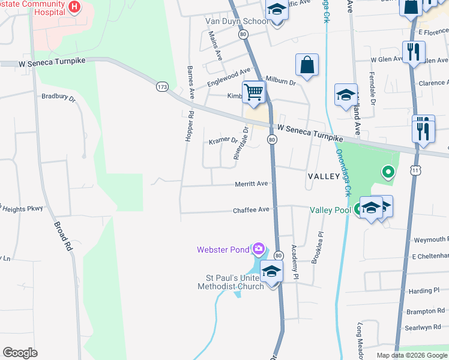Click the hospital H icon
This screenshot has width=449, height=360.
[74, 7]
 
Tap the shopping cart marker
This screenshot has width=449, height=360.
[254, 92]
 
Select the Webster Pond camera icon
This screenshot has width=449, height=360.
[259, 248]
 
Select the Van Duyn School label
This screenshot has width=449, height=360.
[237, 22]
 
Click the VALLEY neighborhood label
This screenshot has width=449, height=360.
[325, 176]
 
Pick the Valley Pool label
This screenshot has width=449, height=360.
[330, 211]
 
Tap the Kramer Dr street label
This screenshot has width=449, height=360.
[223, 140]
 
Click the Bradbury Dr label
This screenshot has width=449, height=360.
[58, 97]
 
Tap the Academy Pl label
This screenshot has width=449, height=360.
[295, 263]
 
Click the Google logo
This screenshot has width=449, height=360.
[20, 353]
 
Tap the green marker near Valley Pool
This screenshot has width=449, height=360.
[388, 173]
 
